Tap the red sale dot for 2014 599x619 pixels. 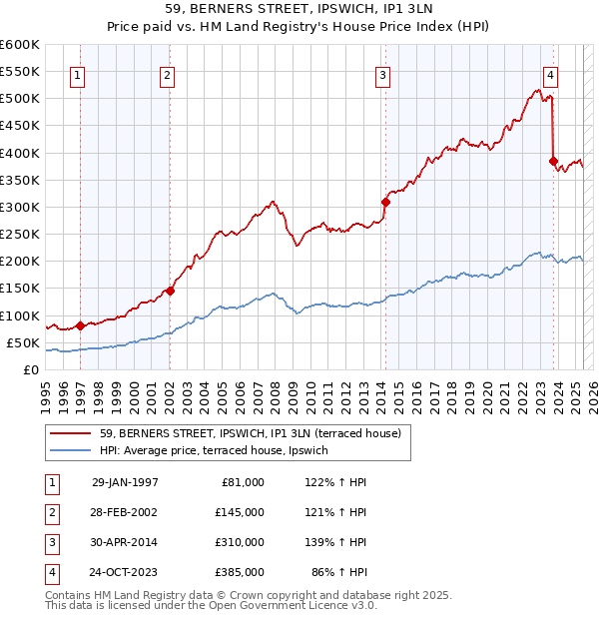[x=385, y=202]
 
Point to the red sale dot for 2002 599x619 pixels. [x=170, y=291]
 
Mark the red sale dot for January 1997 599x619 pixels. [x=81, y=325]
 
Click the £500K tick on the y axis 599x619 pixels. [x=20, y=99]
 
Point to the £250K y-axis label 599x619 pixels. [x=20, y=235]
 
